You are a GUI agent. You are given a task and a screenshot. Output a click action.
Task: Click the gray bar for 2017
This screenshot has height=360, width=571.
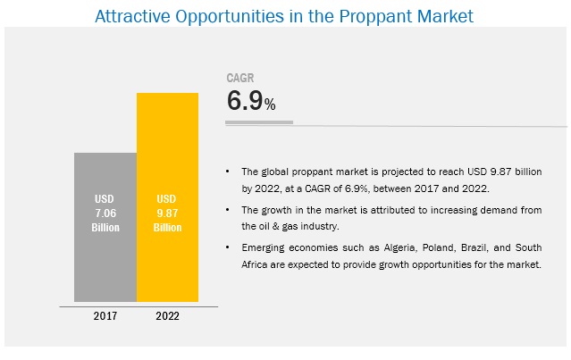(x=105, y=259)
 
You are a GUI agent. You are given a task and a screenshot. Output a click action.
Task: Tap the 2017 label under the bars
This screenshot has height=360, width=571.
(x=105, y=314)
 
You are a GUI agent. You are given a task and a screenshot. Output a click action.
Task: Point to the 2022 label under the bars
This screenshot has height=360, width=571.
(x=168, y=314)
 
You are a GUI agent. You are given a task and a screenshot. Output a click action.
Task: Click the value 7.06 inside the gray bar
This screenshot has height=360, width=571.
(x=105, y=213)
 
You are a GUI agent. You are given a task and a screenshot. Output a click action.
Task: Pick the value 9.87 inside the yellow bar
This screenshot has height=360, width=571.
(x=168, y=213)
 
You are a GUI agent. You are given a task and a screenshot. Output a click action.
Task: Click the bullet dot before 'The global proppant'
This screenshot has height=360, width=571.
(x=229, y=169)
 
